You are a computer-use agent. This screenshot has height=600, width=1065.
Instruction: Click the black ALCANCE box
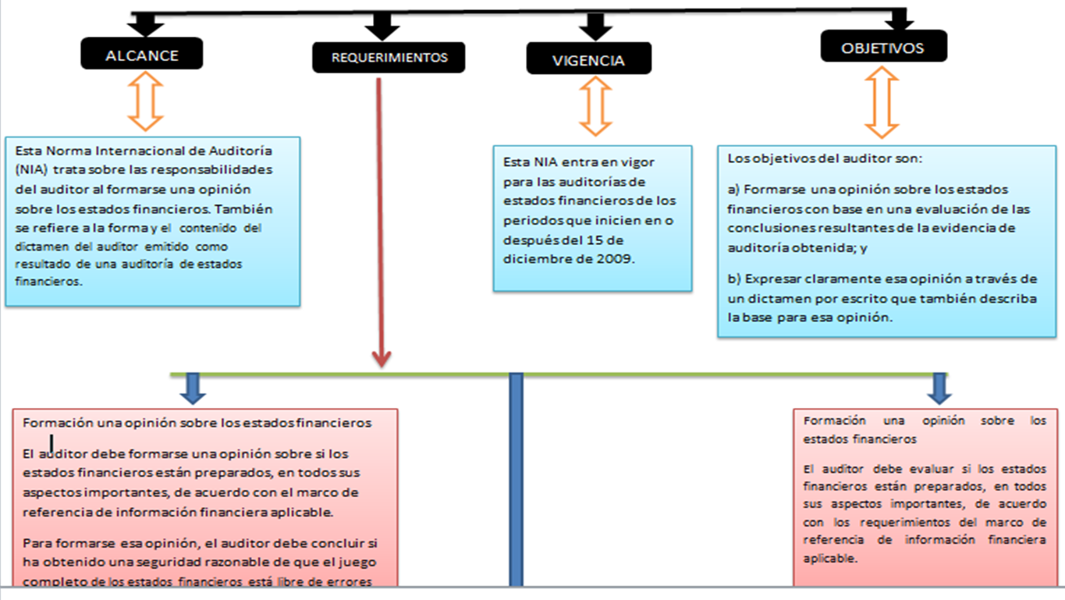[x=141, y=55]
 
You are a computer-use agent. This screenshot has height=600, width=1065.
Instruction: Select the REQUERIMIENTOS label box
[x=389, y=58]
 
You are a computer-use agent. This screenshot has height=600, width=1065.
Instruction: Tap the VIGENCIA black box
[x=588, y=60]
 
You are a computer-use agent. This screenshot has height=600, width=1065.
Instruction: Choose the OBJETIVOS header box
[x=883, y=48]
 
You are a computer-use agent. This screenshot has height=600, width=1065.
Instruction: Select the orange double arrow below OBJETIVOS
[x=882, y=102]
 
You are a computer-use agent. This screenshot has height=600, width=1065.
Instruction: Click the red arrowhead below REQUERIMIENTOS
[x=381, y=358]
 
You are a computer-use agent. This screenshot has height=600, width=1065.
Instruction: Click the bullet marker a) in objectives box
[x=733, y=190]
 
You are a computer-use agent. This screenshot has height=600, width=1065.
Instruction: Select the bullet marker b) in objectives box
[x=733, y=279]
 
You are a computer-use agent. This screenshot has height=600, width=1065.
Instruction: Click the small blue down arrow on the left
[x=193, y=388]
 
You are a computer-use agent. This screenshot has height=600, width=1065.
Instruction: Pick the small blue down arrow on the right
[x=939, y=388]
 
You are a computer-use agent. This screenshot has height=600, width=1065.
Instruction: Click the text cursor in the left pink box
[x=51, y=444]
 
